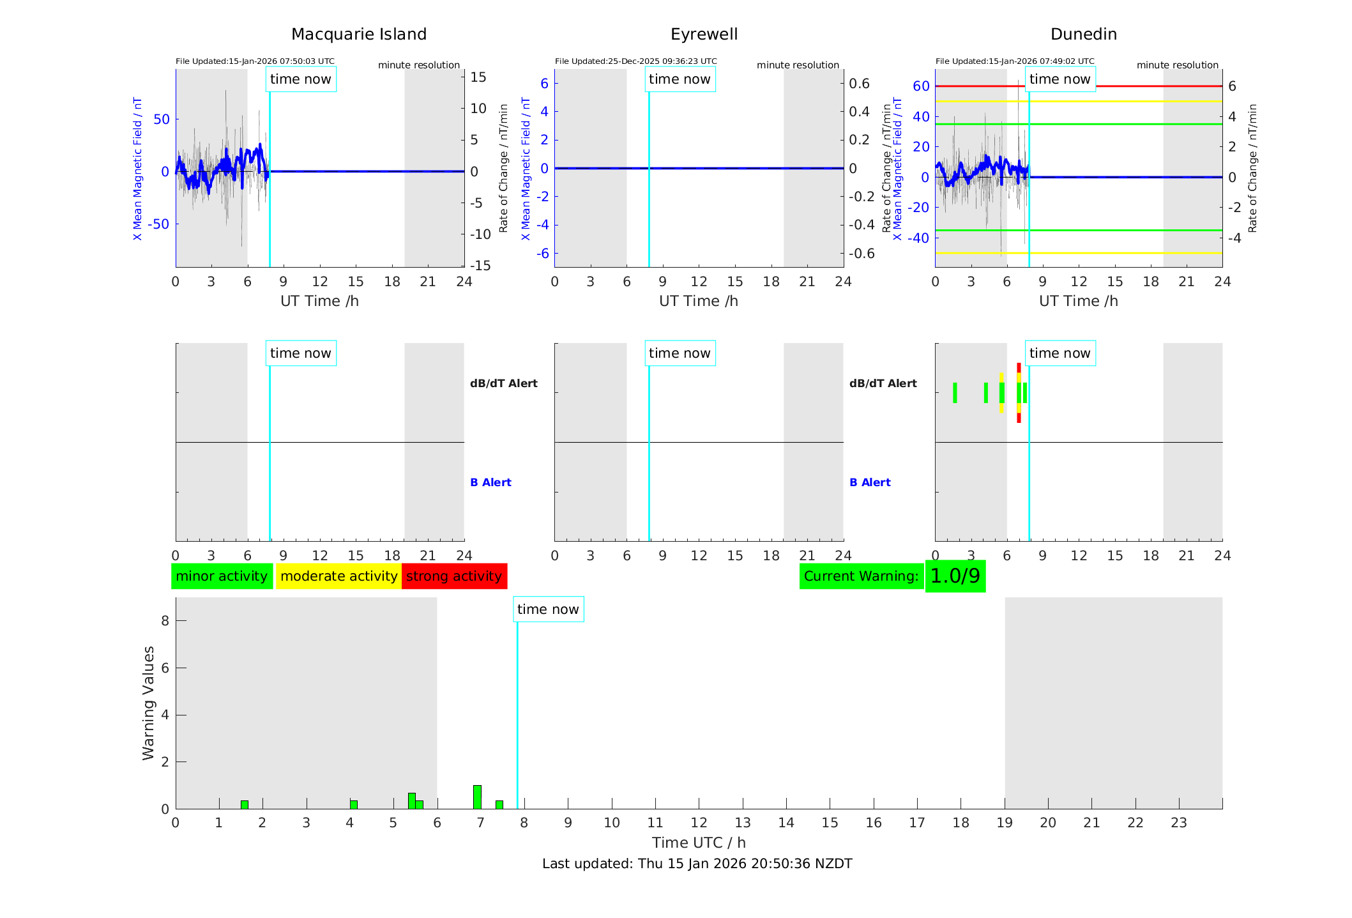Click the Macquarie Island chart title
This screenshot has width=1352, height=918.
[x=358, y=34]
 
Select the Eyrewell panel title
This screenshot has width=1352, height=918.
[x=704, y=34]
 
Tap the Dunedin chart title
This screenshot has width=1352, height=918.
[x=1083, y=34]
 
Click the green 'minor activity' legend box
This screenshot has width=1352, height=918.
[x=222, y=576]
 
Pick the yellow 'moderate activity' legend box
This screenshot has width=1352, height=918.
[x=338, y=576]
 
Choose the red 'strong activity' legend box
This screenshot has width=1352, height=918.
[x=454, y=576]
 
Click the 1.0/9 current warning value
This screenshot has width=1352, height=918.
[x=955, y=576]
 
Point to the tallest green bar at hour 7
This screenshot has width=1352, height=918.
[x=477, y=797]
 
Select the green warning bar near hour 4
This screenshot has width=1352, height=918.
[x=354, y=804]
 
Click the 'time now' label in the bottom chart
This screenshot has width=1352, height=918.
[x=548, y=609]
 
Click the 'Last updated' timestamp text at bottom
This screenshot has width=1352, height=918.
[x=697, y=864]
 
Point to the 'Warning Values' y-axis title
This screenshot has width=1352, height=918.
[x=149, y=703]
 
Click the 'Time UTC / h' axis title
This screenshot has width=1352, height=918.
[x=699, y=843]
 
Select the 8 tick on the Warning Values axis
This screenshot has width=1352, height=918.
[x=165, y=620]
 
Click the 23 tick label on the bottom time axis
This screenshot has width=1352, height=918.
[x=1179, y=823]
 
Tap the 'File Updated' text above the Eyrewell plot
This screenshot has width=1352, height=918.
[x=635, y=61]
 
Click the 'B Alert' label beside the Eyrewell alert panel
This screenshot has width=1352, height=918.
[x=870, y=482]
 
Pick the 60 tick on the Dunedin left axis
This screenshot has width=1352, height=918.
[x=921, y=86]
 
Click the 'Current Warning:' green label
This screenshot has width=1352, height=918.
[x=861, y=576]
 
